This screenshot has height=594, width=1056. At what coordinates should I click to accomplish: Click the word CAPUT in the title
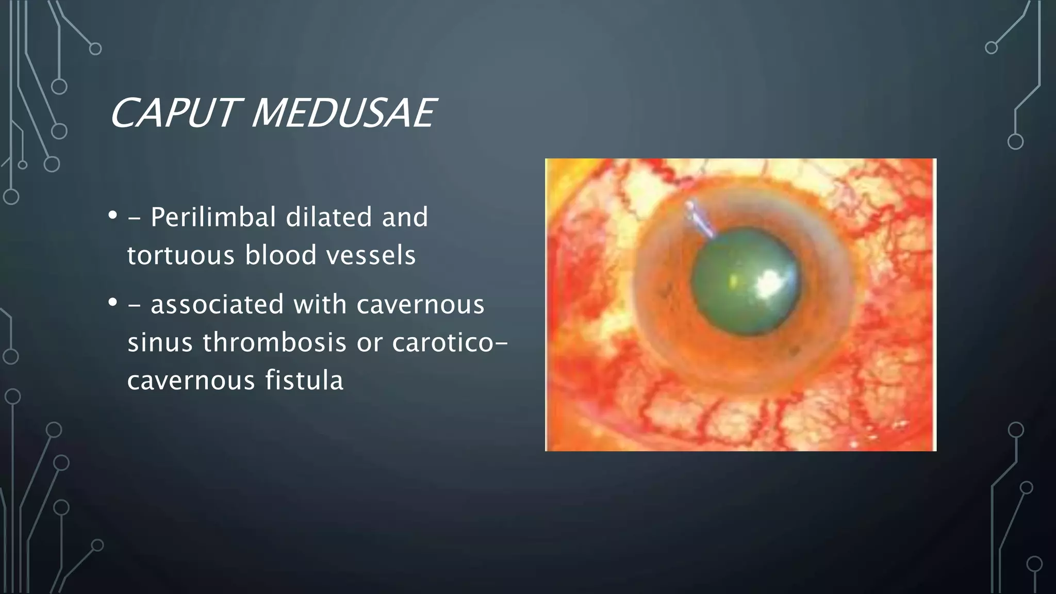click(x=173, y=113)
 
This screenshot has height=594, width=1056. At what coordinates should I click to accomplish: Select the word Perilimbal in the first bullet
click(x=213, y=218)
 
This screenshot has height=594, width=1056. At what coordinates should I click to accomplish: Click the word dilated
click(x=328, y=217)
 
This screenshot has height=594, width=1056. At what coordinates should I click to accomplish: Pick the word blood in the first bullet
click(x=280, y=255)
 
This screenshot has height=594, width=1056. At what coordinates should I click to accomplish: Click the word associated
click(x=217, y=304)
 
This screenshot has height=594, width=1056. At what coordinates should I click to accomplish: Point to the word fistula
click(x=304, y=381)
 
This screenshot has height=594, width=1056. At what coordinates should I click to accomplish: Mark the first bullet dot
click(x=112, y=214)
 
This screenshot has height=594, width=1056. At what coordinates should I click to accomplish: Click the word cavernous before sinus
click(x=420, y=304)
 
